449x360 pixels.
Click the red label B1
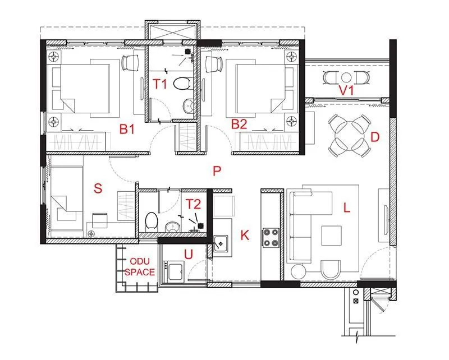[x=127, y=129]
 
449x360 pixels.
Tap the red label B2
[x=239, y=124]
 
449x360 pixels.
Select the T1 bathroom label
[x=161, y=84]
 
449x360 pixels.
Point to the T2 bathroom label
[x=194, y=204]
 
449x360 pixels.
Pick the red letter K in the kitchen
[x=244, y=236]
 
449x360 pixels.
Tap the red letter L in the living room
[x=347, y=208]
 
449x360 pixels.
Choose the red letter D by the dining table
[x=375, y=136]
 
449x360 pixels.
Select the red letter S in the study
[x=98, y=188]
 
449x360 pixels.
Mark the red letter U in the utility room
[x=189, y=255]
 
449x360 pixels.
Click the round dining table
[x=348, y=135]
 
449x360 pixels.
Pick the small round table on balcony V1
[x=346, y=77]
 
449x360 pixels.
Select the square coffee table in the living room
[x=331, y=236]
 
